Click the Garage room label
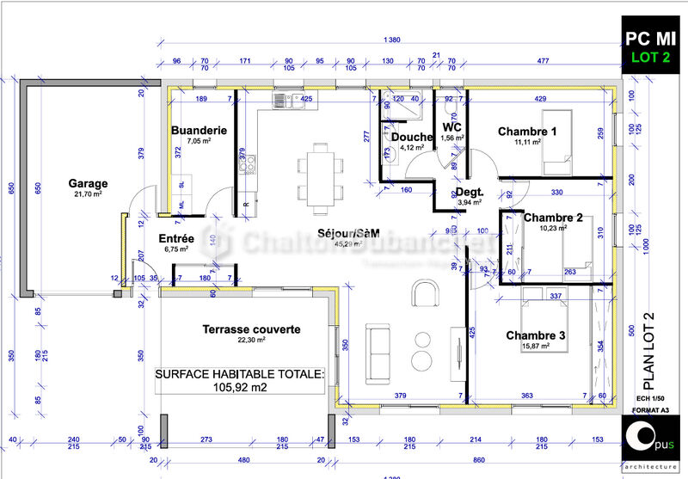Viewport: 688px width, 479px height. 89,183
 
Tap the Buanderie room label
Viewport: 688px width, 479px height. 199,130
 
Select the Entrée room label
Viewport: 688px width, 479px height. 176,238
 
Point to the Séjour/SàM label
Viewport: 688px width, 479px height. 348,233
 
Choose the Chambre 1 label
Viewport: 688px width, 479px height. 527,131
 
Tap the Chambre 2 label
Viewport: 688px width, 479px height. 553,218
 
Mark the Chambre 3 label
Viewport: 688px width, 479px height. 535,335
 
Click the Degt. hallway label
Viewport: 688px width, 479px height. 470,192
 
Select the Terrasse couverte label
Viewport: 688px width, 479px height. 251,329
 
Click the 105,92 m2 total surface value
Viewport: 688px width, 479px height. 240,388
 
